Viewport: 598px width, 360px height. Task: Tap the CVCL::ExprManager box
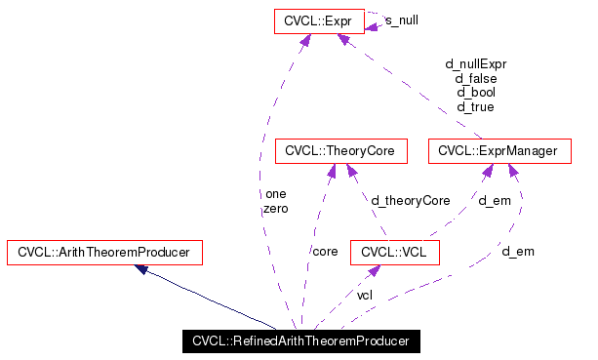499,151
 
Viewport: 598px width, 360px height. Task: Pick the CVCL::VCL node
395,252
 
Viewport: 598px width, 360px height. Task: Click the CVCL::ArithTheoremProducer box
104,252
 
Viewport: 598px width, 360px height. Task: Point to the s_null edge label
403,20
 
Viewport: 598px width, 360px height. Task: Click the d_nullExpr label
476,64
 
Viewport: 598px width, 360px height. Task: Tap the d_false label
476,78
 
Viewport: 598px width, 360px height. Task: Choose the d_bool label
476,93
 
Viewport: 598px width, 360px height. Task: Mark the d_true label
476,106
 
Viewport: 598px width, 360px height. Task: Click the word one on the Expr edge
275,194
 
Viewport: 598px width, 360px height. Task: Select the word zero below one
275,209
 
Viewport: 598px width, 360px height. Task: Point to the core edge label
325,252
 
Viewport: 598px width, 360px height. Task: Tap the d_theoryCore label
410,200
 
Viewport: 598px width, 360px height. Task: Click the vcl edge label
364,295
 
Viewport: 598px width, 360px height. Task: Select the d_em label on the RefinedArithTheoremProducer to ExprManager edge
518,252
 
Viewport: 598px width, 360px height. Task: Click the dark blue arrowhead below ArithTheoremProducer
142,269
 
